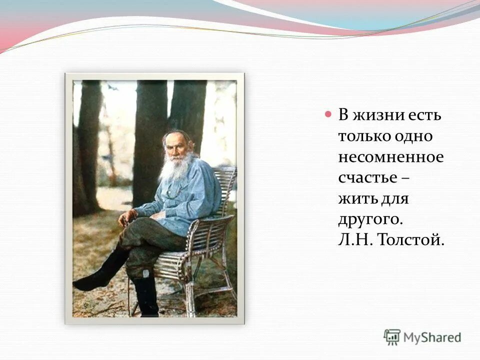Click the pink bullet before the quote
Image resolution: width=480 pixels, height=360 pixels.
(x=328, y=114)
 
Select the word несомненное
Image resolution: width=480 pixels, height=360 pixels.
(x=390, y=157)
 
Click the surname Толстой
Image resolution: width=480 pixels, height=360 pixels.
(x=412, y=240)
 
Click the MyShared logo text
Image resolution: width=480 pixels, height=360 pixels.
(x=432, y=337)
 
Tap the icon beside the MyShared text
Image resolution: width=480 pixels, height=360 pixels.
(x=392, y=337)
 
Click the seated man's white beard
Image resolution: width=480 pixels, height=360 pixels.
(x=174, y=167)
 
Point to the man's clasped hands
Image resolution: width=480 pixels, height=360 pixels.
(x=129, y=217)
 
